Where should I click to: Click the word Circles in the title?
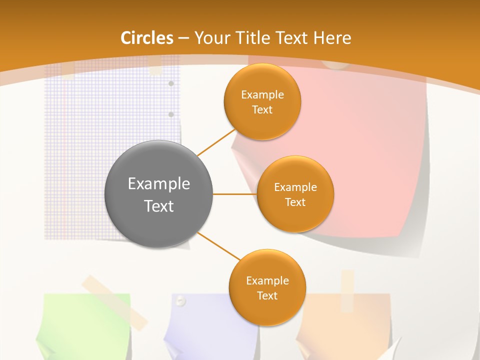(146, 38)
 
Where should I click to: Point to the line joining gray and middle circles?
(234, 194)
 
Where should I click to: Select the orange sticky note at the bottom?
(345, 325)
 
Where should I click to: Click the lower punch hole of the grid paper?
(171, 114)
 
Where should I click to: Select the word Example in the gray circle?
(158, 184)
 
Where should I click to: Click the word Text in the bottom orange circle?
(267, 296)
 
